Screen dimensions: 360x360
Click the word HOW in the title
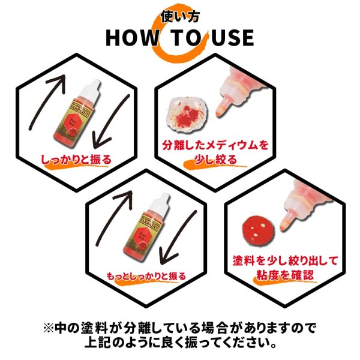pos(130,37)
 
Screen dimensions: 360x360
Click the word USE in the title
pos(230,37)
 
